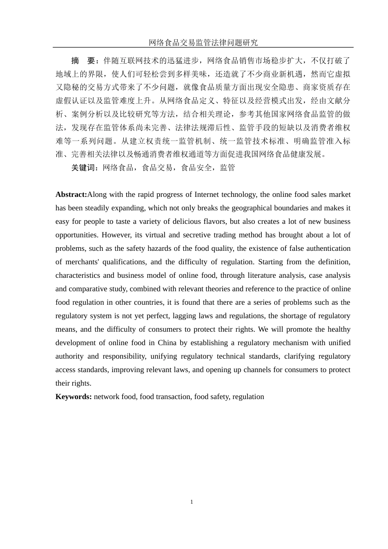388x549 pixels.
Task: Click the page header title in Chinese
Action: coord(203,42)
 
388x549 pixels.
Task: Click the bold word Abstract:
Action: coord(71,194)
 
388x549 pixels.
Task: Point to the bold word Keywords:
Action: coord(74,397)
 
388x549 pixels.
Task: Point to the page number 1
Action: coord(192,502)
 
